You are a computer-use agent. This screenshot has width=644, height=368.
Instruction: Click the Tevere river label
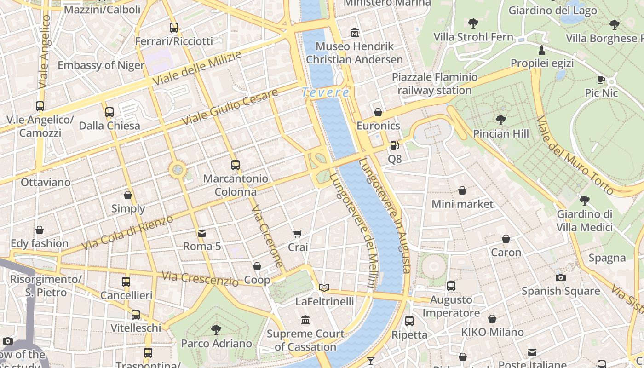(x=326, y=92)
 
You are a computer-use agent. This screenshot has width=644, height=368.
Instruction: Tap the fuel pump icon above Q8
(x=394, y=146)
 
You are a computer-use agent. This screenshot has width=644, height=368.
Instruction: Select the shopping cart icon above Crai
(x=298, y=234)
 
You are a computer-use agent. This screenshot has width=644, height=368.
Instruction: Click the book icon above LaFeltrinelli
(x=324, y=288)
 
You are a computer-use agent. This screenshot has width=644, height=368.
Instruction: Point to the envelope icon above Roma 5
(x=202, y=233)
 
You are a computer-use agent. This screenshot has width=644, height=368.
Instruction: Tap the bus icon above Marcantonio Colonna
(x=236, y=165)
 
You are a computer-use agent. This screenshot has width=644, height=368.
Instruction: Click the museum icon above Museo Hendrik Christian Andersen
(x=355, y=33)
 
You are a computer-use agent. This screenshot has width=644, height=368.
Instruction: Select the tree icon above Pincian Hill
(x=501, y=120)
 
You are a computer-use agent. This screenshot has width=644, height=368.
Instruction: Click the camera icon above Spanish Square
(x=560, y=277)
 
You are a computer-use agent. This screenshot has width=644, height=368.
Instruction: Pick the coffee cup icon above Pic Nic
(x=601, y=80)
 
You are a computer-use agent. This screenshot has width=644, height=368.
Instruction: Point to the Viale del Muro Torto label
(x=575, y=155)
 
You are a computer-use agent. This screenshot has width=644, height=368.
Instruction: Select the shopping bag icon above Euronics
(x=378, y=112)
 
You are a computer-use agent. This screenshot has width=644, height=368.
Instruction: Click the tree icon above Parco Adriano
(x=216, y=329)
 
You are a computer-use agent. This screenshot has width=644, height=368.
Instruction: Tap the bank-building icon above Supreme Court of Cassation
(x=305, y=320)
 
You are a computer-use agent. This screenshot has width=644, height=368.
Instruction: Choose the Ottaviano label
(x=46, y=182)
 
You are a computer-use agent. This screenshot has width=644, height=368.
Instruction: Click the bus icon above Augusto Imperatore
(x=451, y=286)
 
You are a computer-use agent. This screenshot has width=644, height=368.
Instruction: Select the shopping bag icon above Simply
(x=128, y=195)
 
